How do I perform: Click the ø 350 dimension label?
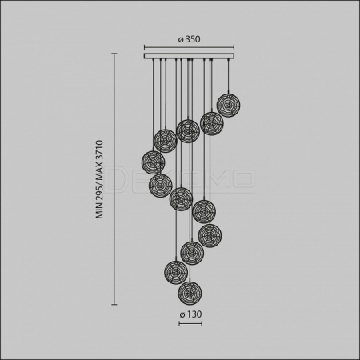189,39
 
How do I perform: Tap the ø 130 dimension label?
190,314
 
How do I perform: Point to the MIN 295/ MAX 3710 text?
99,179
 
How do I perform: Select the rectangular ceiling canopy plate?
189,56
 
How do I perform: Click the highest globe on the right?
229,105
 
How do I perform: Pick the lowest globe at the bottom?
190,294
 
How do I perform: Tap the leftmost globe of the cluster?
153,162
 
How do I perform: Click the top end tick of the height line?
114,54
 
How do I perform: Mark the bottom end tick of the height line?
114,304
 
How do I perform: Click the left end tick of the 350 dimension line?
144,48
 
